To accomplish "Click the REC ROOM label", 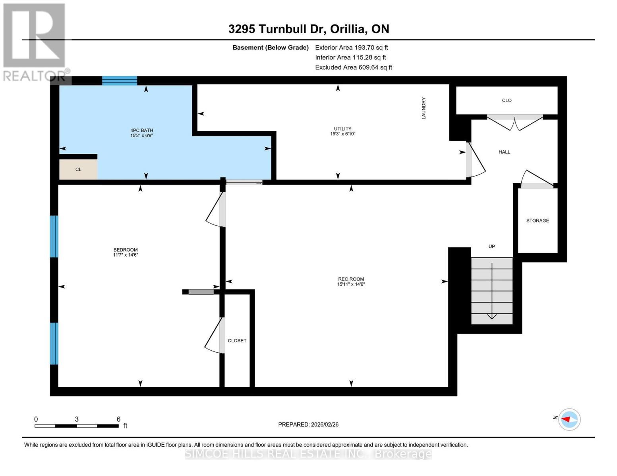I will click(x=351, y=279).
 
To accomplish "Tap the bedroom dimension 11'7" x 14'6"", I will click(x=125, y=255).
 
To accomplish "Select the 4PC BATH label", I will click(x=141, y=130).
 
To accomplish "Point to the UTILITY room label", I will click(x=342, y=129).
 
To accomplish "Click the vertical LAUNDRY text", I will click(x=424, y=108).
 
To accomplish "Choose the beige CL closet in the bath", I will click(x=78, y=169).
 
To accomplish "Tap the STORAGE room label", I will click(x=538, y=221).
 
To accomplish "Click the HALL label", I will click(x=504, y=152).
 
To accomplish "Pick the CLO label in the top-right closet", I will click(x=507, y=100).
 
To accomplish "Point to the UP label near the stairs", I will click(x=491, y=246).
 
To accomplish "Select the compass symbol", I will click(x=569, y=419).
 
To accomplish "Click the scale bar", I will click(x=77, y=426).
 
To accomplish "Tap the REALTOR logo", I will click(x=35, y=42).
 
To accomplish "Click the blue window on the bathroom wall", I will click(x=120, y=81).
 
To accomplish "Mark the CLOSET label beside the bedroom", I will click(x=237, y=341).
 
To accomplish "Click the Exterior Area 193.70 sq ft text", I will click(x=351, y=48).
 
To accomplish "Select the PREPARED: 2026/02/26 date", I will click(x=308, y=424).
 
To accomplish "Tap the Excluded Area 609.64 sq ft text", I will click(x=353, y=67).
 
